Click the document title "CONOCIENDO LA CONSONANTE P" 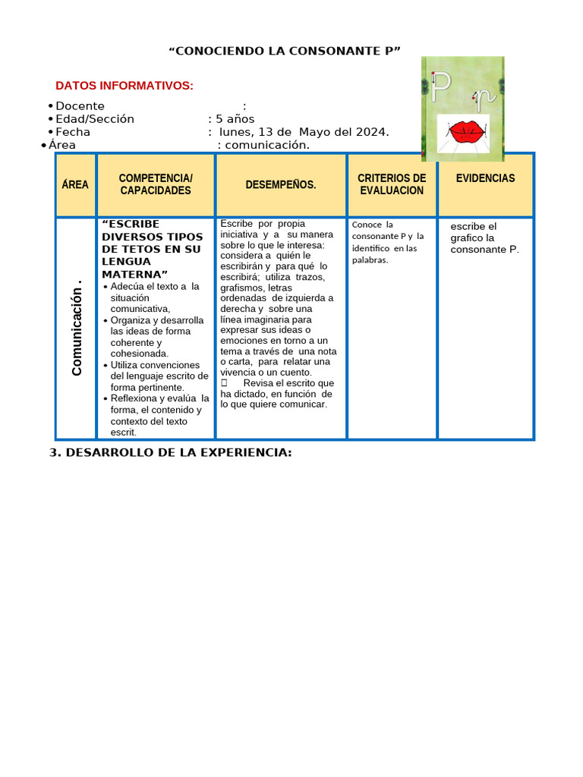[x=284, y=51]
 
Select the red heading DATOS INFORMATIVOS [x=124, y=86]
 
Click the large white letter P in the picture [x=440, y=89]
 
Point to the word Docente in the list [x=80, y=106]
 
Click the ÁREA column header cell [x=75, y=184]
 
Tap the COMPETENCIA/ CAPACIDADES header [x=156, y=184]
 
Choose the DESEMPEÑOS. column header [x=281, y=184]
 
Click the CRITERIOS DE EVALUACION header [x=392, y=184]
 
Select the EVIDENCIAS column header [x=485, y=178]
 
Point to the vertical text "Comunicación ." [x=77, y=329]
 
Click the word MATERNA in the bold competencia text [x=132, y=274]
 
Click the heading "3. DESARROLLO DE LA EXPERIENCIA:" [x=170, y=452]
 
